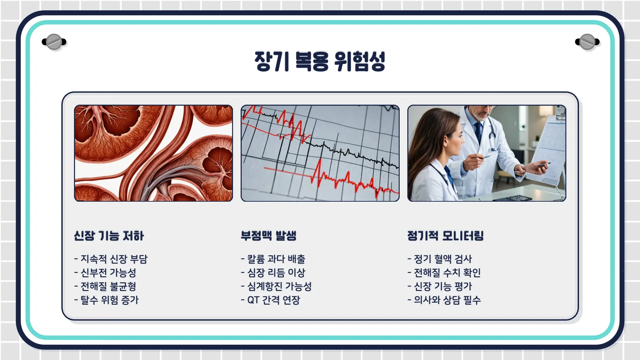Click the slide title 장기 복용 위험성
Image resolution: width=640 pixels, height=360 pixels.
point(320,61)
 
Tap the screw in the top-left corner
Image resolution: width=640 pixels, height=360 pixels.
point(54,42)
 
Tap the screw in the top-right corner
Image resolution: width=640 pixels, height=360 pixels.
point(587,42)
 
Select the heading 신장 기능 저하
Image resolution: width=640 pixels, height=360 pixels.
point(109,236)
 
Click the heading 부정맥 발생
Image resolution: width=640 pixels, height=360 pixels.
point(269,236)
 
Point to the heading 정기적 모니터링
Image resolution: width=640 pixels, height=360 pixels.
point(445,236)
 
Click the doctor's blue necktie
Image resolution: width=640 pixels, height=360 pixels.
point(479,131)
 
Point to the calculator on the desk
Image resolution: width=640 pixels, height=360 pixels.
point(513,198)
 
